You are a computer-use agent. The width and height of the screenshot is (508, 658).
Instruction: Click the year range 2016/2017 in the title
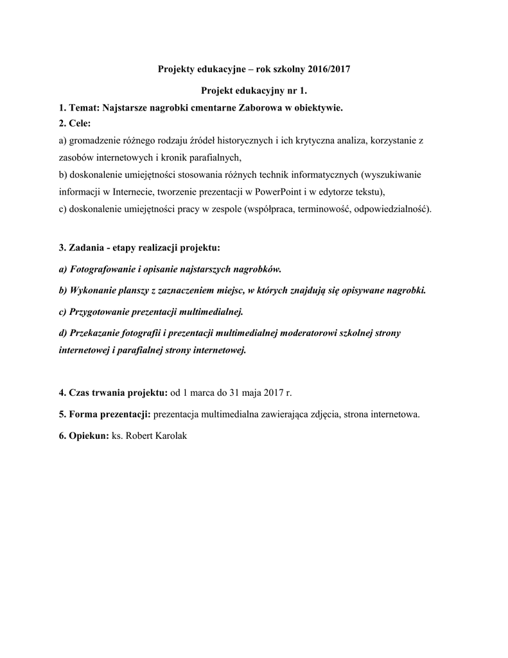328,69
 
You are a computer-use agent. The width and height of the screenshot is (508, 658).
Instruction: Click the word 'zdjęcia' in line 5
325,414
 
